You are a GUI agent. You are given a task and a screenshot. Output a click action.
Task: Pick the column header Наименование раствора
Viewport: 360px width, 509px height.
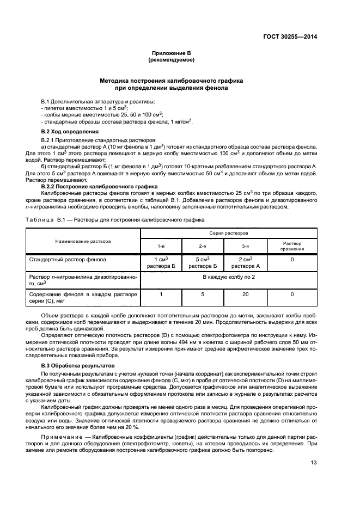pyautogui.click(x=82, y=241)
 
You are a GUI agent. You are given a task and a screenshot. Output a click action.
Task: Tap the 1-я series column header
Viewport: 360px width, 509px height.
pyautogui.click(x=161, y=246)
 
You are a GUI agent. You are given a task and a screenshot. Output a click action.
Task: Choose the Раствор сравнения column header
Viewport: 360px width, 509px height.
pyautogui.click(x=292, y=246)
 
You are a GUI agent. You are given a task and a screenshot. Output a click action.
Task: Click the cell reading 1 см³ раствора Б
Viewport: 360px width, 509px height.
pyautogui.click(x=161, y=262)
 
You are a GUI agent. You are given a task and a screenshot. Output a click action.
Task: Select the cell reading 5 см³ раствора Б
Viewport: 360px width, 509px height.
pyautogui.click(x=203, y=262)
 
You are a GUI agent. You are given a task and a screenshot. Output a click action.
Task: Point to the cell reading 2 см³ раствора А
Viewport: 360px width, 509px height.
pyautogui.click(x=246, y=262)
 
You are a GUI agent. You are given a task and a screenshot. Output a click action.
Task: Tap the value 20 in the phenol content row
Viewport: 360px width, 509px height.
pyautogui.click(x=246, y=294)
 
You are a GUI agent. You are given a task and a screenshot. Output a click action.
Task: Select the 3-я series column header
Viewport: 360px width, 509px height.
pyautogui.click(x=246, y=246)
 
